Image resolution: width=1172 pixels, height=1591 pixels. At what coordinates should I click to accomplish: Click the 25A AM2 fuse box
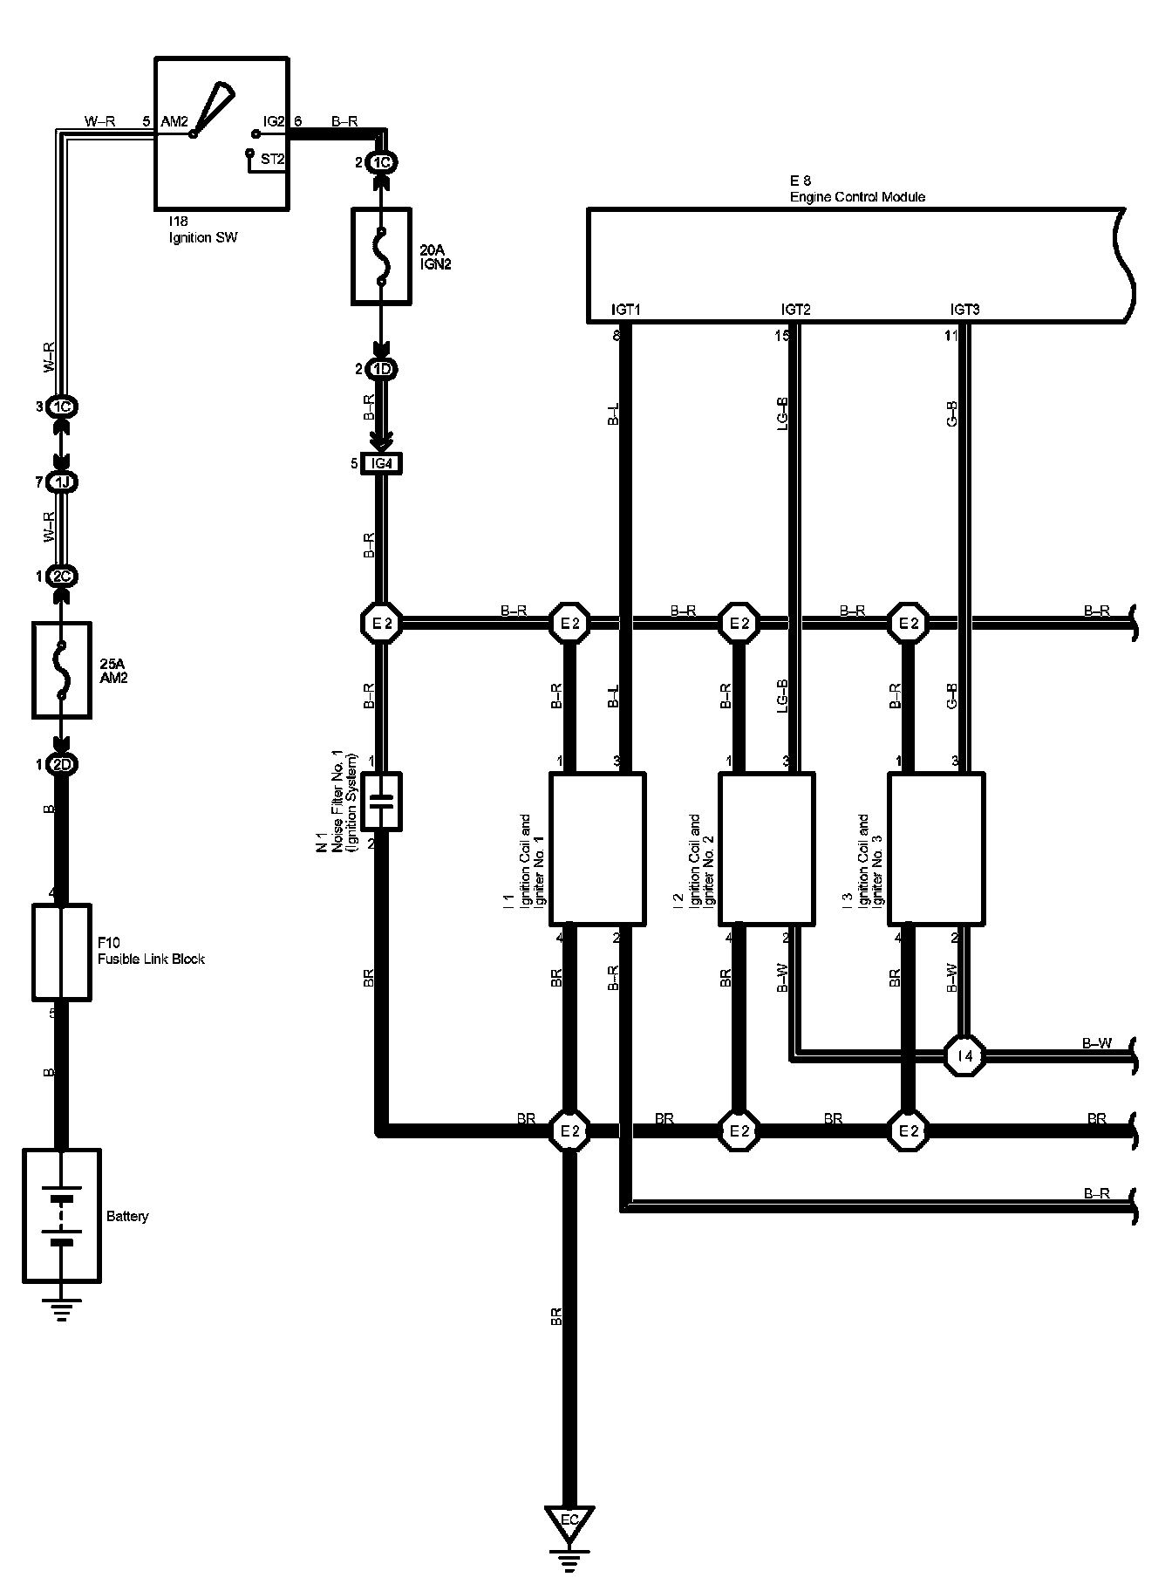coord(61,670)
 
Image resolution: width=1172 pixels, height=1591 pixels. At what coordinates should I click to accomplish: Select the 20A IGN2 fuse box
coord(381,256)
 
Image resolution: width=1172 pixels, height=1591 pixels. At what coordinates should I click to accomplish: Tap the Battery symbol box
coord(61,1215)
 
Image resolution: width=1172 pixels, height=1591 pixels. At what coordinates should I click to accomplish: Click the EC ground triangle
coord(569,1520)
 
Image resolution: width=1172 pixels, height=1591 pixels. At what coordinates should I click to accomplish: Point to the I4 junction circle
coord(964,1055)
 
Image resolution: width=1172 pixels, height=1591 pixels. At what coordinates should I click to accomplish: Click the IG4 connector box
coord(382,464)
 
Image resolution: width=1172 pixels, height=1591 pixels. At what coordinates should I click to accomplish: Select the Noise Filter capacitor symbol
coord(381,801)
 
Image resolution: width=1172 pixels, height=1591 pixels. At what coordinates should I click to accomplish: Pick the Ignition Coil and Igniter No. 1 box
coord(597,848)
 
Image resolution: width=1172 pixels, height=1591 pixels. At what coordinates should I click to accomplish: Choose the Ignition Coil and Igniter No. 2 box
coord(767,848)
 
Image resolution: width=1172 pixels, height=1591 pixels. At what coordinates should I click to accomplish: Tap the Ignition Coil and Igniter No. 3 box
coord(937,848)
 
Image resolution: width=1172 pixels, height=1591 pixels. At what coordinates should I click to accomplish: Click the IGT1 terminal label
coord(625,310)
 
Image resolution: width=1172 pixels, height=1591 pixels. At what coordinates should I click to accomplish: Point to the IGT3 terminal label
coord(964,310)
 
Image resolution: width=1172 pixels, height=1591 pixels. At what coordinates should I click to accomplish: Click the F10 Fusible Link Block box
coord(61,952)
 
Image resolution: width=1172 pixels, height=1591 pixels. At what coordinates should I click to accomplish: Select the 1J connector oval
coord(61,482)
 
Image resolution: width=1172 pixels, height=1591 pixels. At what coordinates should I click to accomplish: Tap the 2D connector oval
coord(61,765)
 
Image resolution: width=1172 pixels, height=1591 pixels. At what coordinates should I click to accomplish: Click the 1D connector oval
coord(382,369)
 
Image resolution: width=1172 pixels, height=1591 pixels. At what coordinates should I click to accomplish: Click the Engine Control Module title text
coord(857,197)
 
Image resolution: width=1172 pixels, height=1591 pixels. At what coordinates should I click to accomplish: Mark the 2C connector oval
coord(61,577)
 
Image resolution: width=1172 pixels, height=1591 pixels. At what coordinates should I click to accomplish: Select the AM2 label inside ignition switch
coord(174,122)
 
